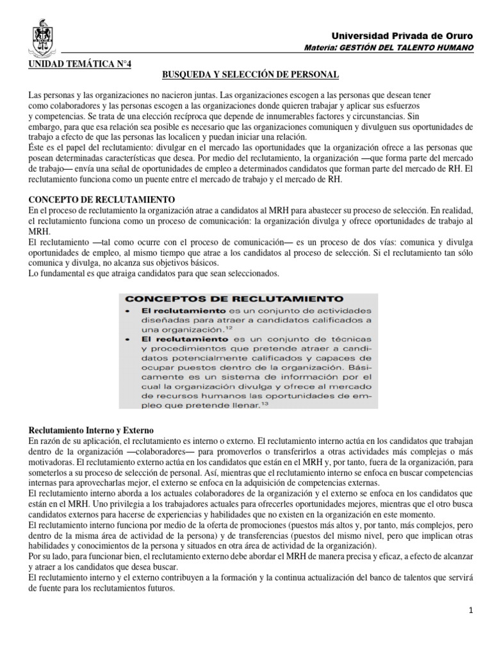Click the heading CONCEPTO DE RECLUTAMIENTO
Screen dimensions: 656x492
pyautogui.click(x=102, y=200)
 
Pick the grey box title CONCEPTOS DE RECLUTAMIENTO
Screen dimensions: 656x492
pyautogui.click(x=234, y=299)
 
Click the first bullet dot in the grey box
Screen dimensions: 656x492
pyautogui.click(x=129, y=310)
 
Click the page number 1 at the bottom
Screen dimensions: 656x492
pyautogui.click(x=470, y=611)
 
